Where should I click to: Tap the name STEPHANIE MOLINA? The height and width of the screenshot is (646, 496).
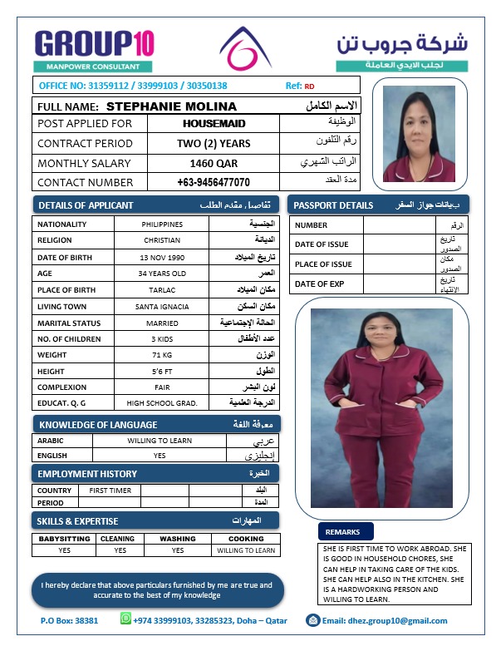(172, 106)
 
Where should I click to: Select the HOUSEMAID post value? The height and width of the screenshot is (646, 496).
(214, 124)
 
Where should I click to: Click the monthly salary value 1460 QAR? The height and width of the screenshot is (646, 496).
(214, 163)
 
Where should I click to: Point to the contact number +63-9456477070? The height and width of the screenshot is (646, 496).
(214, 182)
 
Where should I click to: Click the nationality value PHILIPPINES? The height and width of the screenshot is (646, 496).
(162, 224)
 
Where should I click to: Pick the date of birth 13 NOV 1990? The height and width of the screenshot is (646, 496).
(162, 258)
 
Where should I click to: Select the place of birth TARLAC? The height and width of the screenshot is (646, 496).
(162, 290)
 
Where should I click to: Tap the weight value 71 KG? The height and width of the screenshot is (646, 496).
(162, 355)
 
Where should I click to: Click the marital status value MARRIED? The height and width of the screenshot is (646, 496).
(162, 323)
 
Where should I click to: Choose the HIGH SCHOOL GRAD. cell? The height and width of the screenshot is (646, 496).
(162, 403)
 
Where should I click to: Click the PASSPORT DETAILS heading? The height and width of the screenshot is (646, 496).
(334, 205)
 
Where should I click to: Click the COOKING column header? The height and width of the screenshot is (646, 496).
(246, 539)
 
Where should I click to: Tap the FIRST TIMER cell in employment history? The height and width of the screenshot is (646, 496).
(110, 491)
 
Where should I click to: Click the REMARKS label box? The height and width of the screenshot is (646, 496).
(343, 531)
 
